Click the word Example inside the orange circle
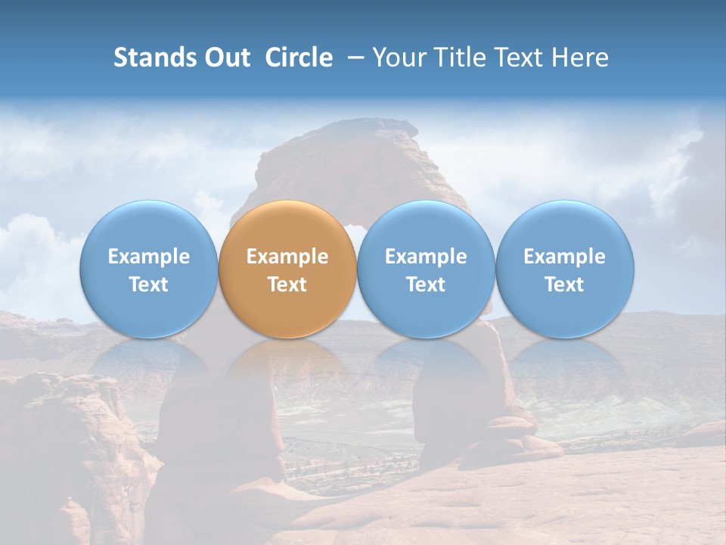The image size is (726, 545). [287, 257]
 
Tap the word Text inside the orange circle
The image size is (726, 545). [287, 285]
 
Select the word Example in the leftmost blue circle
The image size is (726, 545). [149, 257]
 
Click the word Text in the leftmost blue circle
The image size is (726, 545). [149, 285]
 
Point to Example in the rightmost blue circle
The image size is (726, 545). [565, 257]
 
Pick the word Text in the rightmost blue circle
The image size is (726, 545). [565, 285]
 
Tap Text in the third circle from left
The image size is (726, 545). [426, 285]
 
